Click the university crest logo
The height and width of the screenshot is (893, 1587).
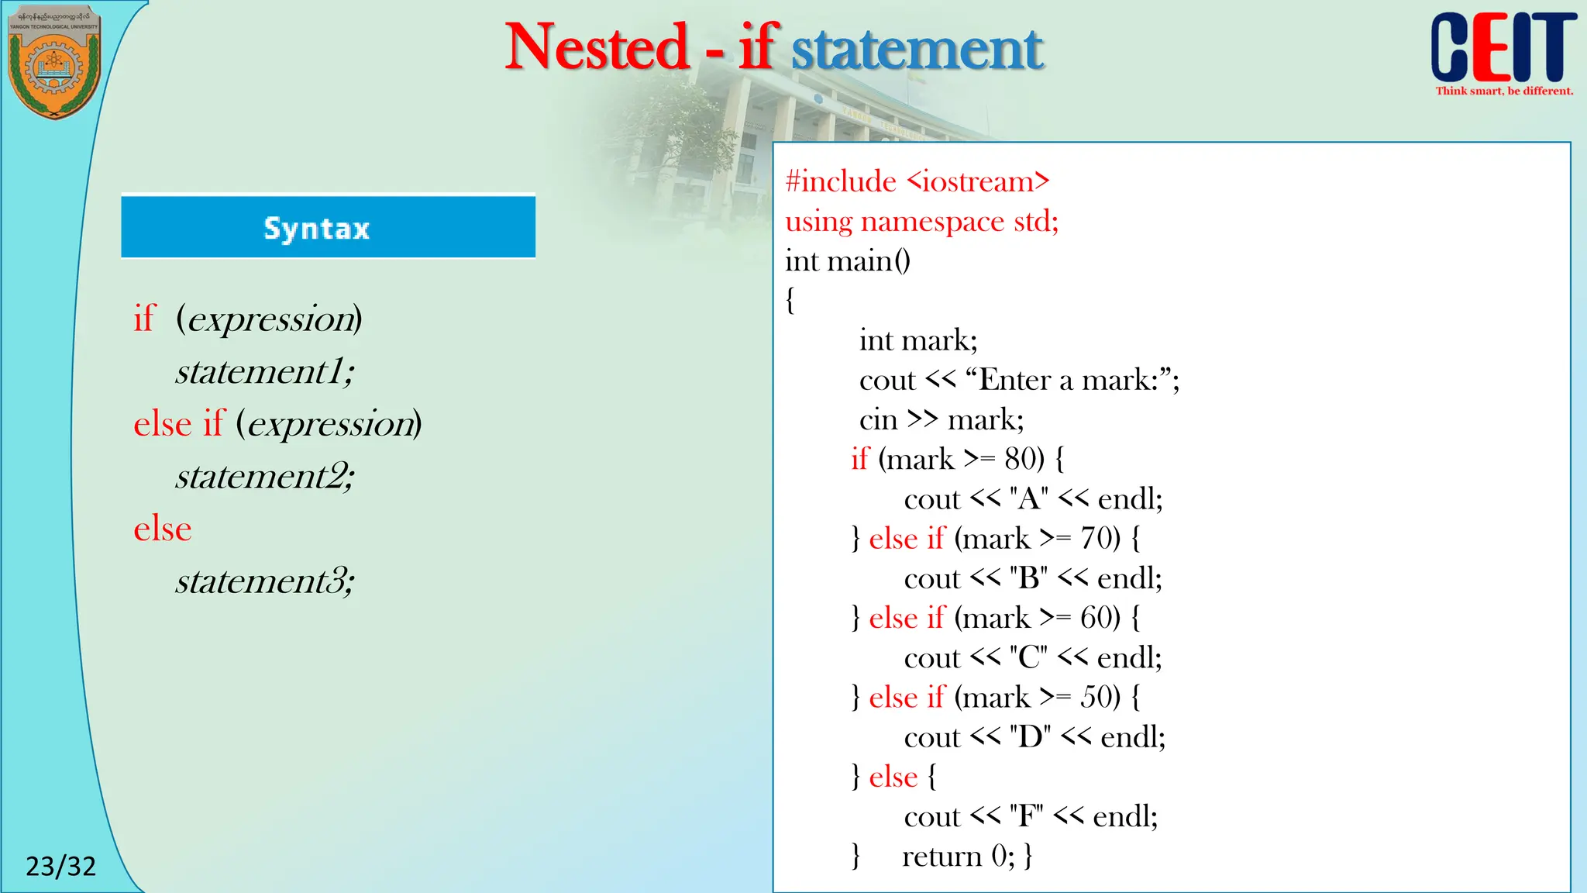pyautogui.click(x=53, y=62)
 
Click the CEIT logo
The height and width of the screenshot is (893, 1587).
pyautogui.click(x=1503, y=48)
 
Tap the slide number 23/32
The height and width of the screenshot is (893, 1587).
pyautogui.click(x=60, y=866)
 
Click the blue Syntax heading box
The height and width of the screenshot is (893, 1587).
pyautogui.click(x=328, y=227)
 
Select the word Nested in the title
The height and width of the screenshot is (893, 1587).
pyautogui.click(x=597, y=47)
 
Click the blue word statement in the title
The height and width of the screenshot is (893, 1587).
pyautogui.click(x=917, y=49)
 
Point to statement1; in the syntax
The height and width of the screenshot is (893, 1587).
pyautogui.click(x=264, y=371)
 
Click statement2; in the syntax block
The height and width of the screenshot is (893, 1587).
pyautogui.click(x=264, y=476)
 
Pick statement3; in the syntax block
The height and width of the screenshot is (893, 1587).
pyautogui.click(x=264, y=581)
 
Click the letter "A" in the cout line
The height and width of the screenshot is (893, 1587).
pyautogui.click(x=1029, y=499)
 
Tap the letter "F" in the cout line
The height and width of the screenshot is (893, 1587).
pyautogui.click(x=1027, y=817)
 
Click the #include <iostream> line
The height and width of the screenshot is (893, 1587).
pyautogui.click(x=917, y=182)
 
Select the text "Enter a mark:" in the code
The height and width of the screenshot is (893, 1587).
pyautogui.click(x=1069, y=381)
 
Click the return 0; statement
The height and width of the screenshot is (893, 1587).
pyautogui.click(x=958, y=857)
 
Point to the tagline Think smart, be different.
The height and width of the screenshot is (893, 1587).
pyautogui.click(x=1504, y=91)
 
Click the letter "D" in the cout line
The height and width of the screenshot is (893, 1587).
pyautogui.click(x=1030, y=737)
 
